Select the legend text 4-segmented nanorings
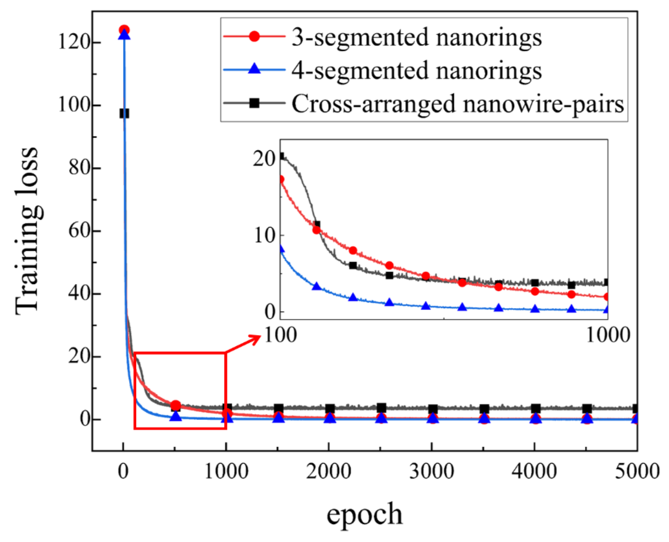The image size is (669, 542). (416, 71)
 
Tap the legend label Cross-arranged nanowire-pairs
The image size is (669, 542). (458, 104)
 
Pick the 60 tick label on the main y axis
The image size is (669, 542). (79, 231)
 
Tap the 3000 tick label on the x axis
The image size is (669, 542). (431, 471)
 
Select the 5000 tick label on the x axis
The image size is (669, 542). (637, 471)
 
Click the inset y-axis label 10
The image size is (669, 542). (264, 236)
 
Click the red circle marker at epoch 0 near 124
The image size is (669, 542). (124, 30)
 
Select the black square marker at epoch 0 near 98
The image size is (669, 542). (124, 114)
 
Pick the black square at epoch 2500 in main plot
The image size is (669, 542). (381, 408)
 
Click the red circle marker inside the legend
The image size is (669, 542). (254, 37)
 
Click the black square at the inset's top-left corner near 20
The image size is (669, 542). (281, 156)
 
